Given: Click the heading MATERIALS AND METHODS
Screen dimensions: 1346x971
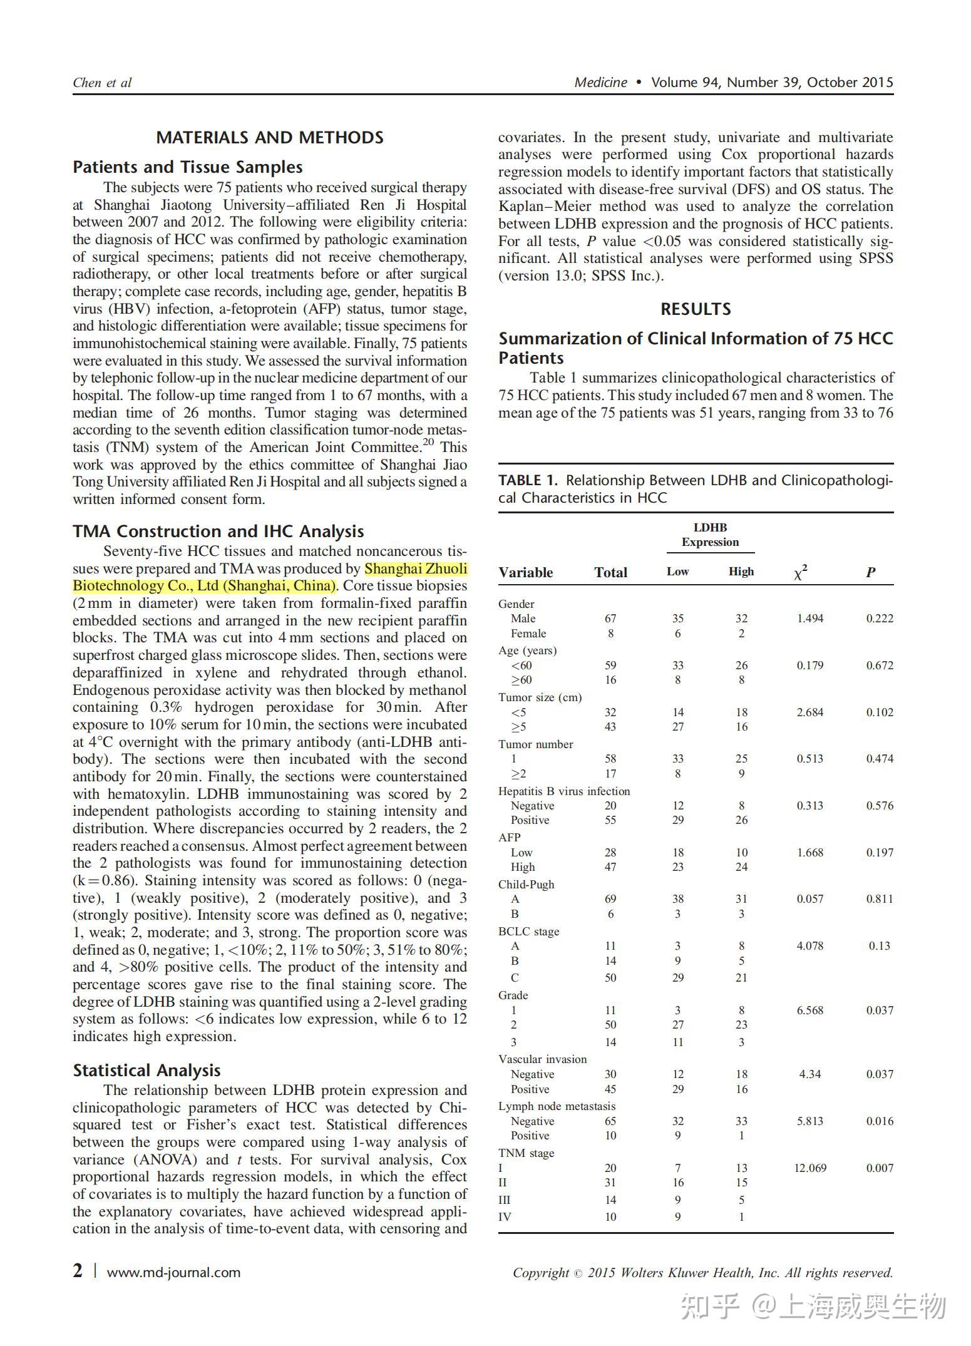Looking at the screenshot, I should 270,138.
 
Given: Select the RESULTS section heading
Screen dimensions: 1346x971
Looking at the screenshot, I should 696,309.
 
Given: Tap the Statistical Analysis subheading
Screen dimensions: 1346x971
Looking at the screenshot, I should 146,1070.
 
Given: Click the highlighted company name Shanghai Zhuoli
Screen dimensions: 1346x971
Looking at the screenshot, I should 416,568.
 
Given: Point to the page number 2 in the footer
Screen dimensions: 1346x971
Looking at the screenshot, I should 78,1271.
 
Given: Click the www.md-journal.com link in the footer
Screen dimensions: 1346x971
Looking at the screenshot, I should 173,1272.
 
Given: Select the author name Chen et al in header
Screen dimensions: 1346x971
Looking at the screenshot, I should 102,83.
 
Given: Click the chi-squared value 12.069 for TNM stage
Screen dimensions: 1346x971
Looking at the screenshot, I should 810,1168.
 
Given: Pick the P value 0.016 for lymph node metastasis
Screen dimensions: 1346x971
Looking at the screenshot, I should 880,1121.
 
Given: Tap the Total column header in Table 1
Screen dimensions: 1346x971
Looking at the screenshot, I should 610,572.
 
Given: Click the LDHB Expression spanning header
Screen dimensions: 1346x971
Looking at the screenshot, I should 710,535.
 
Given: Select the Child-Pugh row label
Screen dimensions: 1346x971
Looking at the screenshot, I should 526,884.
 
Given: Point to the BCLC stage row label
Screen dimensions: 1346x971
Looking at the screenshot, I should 528,931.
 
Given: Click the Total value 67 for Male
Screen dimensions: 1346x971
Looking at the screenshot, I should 610,619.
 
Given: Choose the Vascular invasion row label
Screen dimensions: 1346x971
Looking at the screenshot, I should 542,1059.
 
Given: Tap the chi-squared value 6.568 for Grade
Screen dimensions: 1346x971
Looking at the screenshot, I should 810,1010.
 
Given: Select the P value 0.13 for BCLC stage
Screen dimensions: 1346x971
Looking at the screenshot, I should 879,945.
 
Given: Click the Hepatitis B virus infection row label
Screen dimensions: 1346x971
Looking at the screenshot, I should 563,791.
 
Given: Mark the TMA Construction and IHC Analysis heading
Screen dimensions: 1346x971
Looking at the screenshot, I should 218,531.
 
